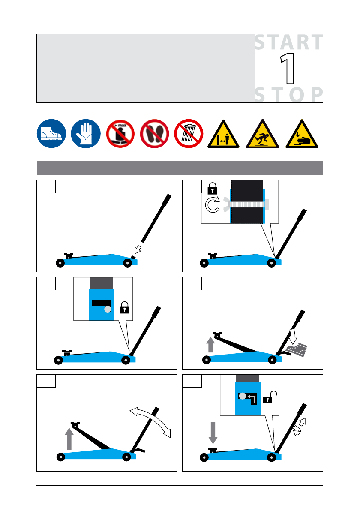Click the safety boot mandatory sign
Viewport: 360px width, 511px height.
pos(51,134)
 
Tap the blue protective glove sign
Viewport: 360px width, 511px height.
pos(86,134)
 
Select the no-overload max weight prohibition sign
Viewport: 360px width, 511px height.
pos(120,134)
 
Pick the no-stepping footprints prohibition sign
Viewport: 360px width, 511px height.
pos(154,134)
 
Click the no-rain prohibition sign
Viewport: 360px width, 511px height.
pos(189,134)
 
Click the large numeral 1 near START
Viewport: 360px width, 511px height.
pos(288,69)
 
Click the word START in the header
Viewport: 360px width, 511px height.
pos(288,43)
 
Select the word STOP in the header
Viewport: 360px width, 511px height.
pos(288,95)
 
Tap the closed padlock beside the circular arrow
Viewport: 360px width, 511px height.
pos(213,188)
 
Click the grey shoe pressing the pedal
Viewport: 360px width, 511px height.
pos(297,349)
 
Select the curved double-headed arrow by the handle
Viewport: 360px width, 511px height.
pos(150,421)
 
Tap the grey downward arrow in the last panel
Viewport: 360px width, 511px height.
pos(213,433)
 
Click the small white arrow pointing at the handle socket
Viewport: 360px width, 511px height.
pos(138,249)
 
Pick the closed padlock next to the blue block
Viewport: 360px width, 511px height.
pos(124,307)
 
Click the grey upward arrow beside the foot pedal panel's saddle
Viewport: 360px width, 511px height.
pos(210,345)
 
